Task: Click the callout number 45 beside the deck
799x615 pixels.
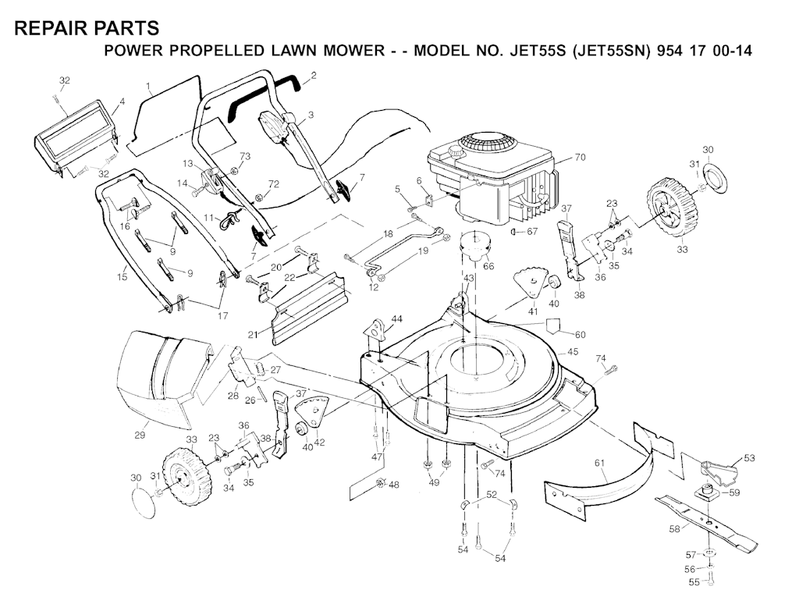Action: [x=573, y=351]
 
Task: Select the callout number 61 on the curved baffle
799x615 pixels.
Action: [x=599, y=463]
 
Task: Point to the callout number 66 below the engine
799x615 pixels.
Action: [x=488, y=266]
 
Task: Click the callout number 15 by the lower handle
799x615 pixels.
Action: [x=122, y=277]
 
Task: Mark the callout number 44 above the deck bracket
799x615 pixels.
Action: [x=396, y=319]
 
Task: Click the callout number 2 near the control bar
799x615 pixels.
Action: [x=314, y=76]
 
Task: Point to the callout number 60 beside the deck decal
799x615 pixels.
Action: [x=580, y=334]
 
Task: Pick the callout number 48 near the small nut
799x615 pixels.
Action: [x=394, y=485]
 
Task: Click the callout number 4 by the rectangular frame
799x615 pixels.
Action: [x=122, y=101]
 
